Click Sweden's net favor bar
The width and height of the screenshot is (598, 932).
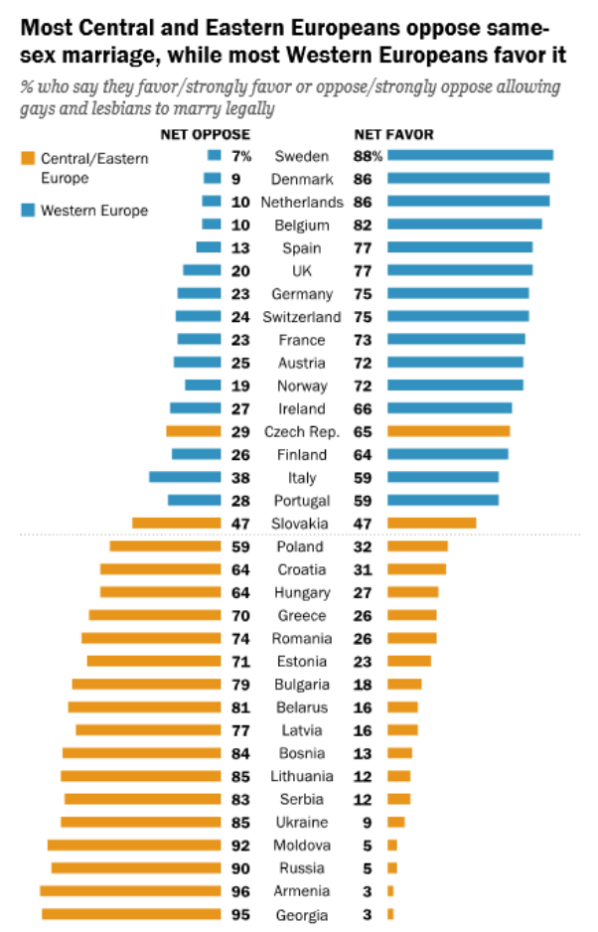pyautogui.click(x=469, y=155)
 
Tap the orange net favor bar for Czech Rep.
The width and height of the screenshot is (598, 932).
pyautogui.click(x=448, y=431)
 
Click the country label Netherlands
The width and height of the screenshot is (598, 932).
pyautogui.click(x=301, y=201)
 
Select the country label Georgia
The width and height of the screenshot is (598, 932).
pyautogui.click(x=301, y=914)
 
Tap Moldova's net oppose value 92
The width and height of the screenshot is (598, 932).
pyautogui.click(x=241, y=846)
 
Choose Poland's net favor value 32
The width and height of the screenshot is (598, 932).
pyautogui.click(x=364, y=546)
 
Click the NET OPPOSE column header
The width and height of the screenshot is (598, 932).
pyautogui.click(x=206, y=134)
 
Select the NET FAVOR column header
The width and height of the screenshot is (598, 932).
pyautogui.click(x=393, y=134)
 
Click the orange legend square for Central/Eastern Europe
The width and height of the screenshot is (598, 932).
pyautogui.click(x=27, y=158)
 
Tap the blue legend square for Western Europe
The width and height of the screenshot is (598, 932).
pyautogui.click(x=27, y=211)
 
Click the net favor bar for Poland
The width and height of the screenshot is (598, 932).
pyautogui.click(x=417, y=546)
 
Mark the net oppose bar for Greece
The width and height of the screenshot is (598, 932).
pyautogui.click(x=155, y=615)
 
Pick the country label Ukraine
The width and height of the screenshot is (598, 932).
pyautogui.click(x=301, y=822)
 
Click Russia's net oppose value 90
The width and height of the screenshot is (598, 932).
pyautogui.click(x=241, y=868)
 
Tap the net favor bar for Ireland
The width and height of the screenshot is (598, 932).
pyautogui.click(x=449, y=408)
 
